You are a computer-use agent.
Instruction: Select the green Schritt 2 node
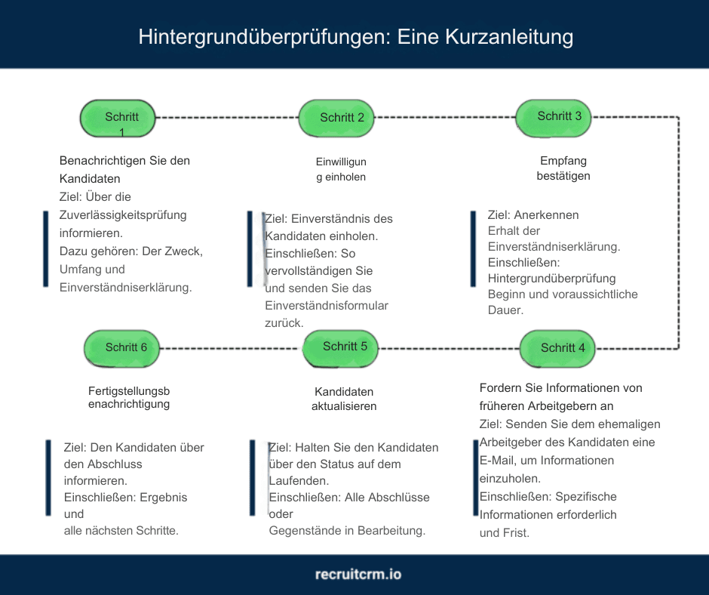(337, 117)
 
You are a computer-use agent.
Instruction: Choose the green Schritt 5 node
(340, 347)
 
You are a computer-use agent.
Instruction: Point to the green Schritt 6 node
(122, 347)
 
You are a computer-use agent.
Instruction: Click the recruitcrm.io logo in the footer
(358, 574)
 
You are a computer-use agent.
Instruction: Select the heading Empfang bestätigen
(563, 168)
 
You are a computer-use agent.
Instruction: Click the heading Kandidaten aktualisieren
(344, 399)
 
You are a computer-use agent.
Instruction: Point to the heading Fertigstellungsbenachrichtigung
(129, 397)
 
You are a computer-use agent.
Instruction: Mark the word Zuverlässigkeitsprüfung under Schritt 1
(123, 215)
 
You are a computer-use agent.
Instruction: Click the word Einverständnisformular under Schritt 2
(327, 305)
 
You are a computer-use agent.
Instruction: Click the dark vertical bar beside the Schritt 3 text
(473, 249)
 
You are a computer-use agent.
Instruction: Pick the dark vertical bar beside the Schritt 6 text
(48, 481)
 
